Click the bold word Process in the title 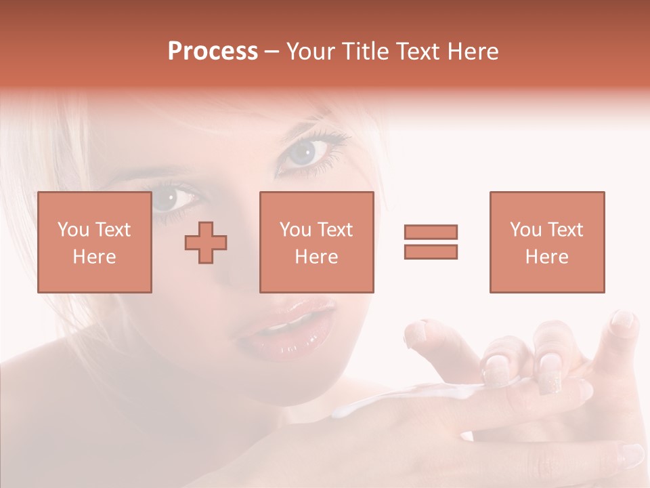213,52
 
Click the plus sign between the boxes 206,243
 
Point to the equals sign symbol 431,242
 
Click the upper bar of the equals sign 431,232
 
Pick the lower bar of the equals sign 431,251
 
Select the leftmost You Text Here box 95,242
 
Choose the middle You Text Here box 316,242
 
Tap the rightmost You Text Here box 546,242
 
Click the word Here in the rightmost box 546,257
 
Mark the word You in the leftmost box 72,230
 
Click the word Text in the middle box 334,230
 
